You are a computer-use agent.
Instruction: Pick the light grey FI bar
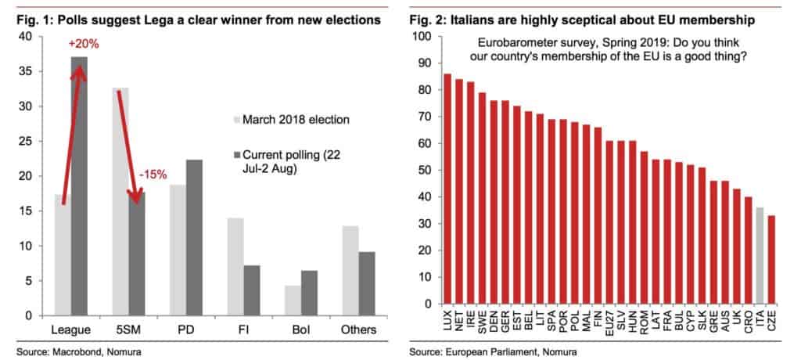pyautogui.click(x=235, y=267)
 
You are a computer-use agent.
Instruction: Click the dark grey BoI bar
pyautogui.click(x=309, y=293)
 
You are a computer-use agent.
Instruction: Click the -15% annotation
pyautogui.click(x=153, y=175)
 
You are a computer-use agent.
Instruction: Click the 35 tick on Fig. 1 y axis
pyautogui.click(x=26, y=71)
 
